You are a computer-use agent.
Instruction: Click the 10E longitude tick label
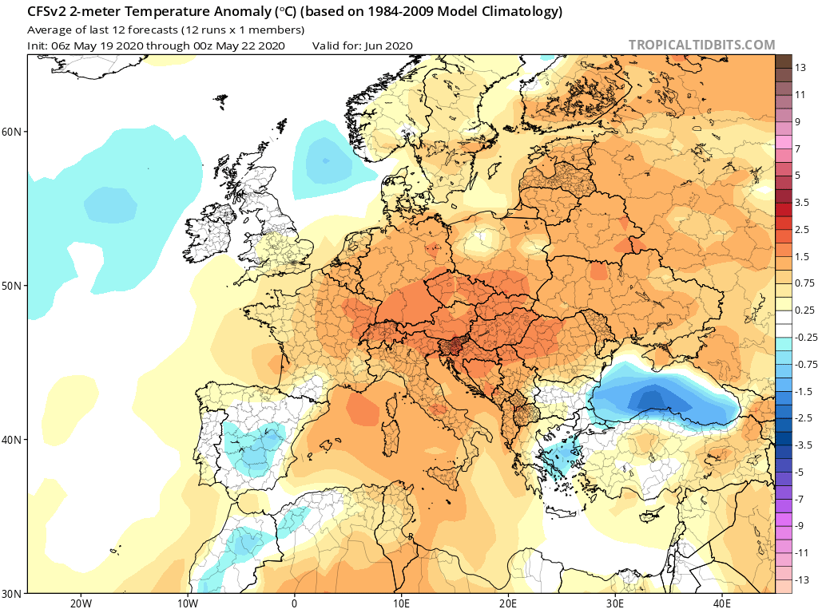point(401,602)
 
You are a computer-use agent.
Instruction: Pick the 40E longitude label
point(722,602)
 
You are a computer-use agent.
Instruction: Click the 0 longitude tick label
point(294,602)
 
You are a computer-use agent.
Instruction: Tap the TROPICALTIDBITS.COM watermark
point(701,45)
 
